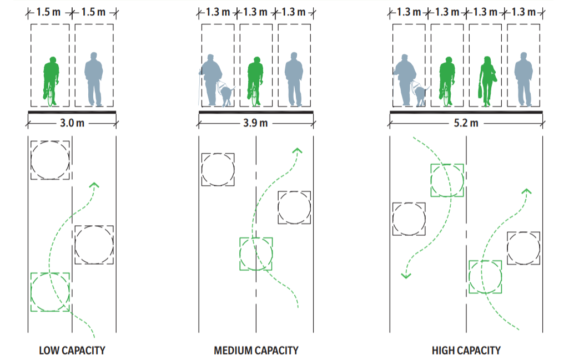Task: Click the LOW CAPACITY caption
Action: tap(72, 351)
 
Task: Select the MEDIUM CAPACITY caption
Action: tap(256, 351)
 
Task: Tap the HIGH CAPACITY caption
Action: tap(466, 351)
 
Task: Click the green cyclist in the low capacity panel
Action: tap(51, 80)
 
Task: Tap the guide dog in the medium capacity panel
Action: tap(225, 93)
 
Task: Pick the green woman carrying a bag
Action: tap(487, 80)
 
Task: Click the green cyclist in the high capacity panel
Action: tap(447, 80)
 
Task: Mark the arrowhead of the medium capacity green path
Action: tap(298, 150)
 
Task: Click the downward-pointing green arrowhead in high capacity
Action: tap(406, 275)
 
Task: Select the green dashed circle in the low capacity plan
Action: tap(51, 292)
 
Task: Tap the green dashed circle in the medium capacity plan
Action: tap(256, 254)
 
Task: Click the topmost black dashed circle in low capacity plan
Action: tap(51, 160)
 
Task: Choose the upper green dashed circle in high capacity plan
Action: tap(447, 180)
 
